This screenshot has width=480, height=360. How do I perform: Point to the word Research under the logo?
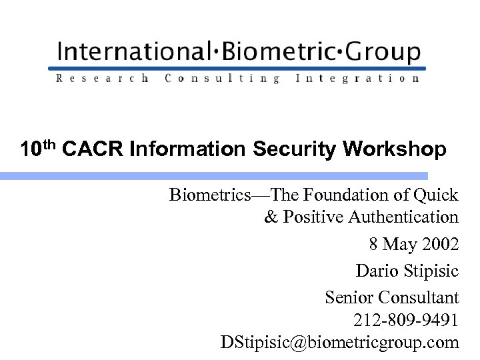pyautogui.click(x=103, y=79)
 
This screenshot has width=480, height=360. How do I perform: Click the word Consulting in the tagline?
pyautogui.click(x=222, y=79)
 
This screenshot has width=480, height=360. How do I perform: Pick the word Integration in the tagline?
pyautogui.click(x=357, y=79)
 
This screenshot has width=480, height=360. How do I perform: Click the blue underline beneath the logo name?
pyautogui.click(x=237, y=67)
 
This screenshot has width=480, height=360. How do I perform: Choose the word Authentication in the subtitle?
pyautogui.click(x=404, y=217)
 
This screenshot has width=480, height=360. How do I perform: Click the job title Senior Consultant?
pyautogui.click(x=391, y=297)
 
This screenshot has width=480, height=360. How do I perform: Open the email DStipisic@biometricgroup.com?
pyautogui.click(x=340, y=343)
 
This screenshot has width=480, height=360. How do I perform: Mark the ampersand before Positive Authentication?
pyautogui.click(x=271, y=217)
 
